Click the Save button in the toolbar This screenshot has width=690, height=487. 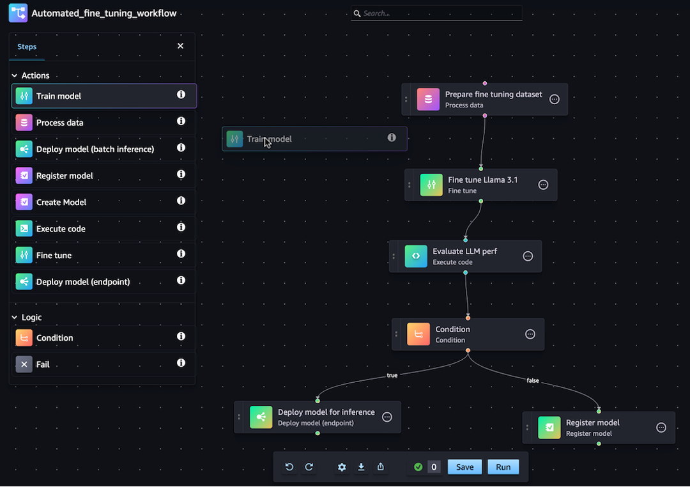tap(464, 467)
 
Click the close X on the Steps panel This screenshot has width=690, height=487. tap(180, 46)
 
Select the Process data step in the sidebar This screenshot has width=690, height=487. tap(59, 123)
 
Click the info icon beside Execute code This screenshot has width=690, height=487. tap(181, 228)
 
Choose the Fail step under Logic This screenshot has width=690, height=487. tap(43, 364)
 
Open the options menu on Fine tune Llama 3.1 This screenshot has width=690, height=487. tap(543, 185)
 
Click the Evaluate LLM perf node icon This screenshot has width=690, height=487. tap(416, 256)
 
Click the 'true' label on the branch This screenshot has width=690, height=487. tap(392, 375)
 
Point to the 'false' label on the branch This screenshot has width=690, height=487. tap(532, 380)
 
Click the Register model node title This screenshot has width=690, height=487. tap(592, 422)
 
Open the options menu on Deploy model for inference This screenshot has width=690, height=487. tap(387, 417)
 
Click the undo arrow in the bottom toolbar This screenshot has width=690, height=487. tap(289, 467)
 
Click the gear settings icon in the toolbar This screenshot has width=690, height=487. tap(342, 467)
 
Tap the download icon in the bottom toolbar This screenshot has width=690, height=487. tap(361, 467)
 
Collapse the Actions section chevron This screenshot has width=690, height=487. tap(15, 75)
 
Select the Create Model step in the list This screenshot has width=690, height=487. tap(61, 202)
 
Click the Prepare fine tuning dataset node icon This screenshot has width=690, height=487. tap(428, 99)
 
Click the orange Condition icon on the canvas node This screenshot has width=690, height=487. tap(418, 334)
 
